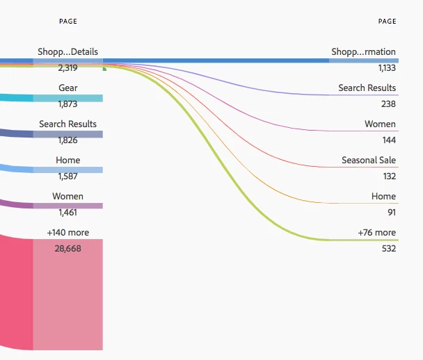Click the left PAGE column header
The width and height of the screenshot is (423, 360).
[x=68, y=22]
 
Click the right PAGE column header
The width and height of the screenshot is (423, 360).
[x=387, y=22]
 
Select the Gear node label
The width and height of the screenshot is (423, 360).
[x=68, y=88]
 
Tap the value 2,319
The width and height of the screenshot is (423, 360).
[x=68, y=68]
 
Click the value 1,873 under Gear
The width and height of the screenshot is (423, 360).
[x=68, y=104]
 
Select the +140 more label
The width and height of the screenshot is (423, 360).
[x=68, y=232]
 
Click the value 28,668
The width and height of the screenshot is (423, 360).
[x=68, y=248]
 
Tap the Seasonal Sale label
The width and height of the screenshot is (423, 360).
[x=368, y=161]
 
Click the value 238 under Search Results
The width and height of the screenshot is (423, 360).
[x=388, y=104]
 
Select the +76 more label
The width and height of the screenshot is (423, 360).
[x=376, y=233]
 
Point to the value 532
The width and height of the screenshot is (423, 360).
[x=388, y=248]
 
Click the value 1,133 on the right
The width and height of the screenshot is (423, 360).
[x=387, y=68]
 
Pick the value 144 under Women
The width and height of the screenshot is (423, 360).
[x=388, y=140]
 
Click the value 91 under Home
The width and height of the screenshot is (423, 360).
[x=391, y=212]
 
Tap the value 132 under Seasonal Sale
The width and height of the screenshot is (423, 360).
[x=388, y=176]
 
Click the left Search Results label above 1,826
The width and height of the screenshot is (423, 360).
[x=67, y=124]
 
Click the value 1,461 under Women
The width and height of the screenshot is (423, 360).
[x=68, y=212]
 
